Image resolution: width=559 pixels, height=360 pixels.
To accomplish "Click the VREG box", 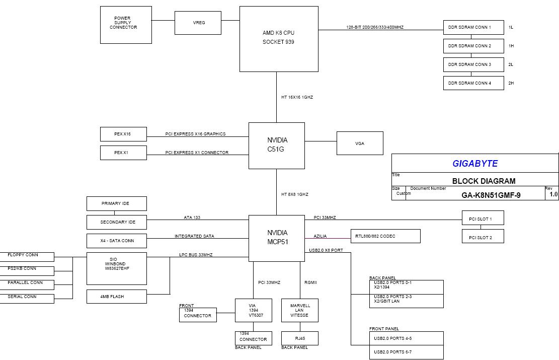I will (x=198, y=23).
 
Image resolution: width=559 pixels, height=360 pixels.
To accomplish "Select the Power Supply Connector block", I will (x=126, y=25).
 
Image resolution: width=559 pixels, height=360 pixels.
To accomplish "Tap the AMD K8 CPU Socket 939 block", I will (x=279, y=39).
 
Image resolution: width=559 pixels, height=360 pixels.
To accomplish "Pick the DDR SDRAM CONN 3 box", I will (x=473, y=64).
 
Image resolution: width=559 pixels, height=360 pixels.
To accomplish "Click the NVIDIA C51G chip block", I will (x=277, y=145).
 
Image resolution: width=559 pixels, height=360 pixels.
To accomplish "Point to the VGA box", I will (x=360, y=143).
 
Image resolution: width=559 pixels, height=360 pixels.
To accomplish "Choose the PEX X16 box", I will (x=123, y=134).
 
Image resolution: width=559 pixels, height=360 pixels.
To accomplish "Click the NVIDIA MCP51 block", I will (x=277, y=238).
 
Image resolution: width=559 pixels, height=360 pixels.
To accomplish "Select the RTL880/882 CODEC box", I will (x=385, y=236).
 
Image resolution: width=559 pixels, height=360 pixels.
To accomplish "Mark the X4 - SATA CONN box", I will (x=117, y=241).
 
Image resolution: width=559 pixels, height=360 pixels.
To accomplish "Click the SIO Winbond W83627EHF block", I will (x=117, y=268).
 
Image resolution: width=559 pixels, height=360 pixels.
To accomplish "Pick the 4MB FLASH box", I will (x=117, y=297).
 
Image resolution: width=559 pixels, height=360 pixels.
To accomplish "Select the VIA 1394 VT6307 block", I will (x=253, y=311).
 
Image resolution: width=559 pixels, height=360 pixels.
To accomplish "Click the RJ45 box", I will (x=299, y=338).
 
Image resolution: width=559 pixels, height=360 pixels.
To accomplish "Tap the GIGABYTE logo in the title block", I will (x=474, y=163).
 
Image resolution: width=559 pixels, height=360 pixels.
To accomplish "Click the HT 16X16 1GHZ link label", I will (x=297, y=97).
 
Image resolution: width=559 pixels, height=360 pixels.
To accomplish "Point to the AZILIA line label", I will (x=320, y=236).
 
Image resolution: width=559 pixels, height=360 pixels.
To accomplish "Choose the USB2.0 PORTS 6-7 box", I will (x=406, y=352).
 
